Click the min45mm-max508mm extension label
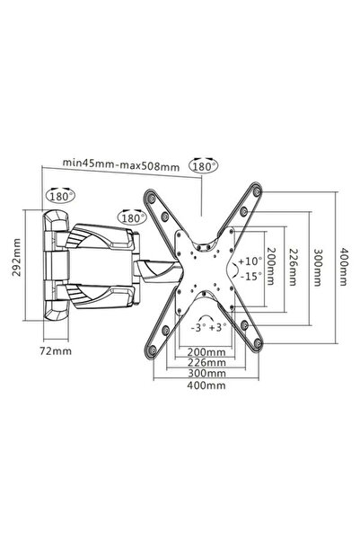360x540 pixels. [121, 165]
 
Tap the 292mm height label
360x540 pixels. [16, 257]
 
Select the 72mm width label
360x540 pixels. [56, 351]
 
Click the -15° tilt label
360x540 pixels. [250, 276]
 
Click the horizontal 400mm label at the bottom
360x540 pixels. [206, 385]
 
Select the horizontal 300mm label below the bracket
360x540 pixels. [206, 373]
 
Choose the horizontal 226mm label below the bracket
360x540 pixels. [206, 362]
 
